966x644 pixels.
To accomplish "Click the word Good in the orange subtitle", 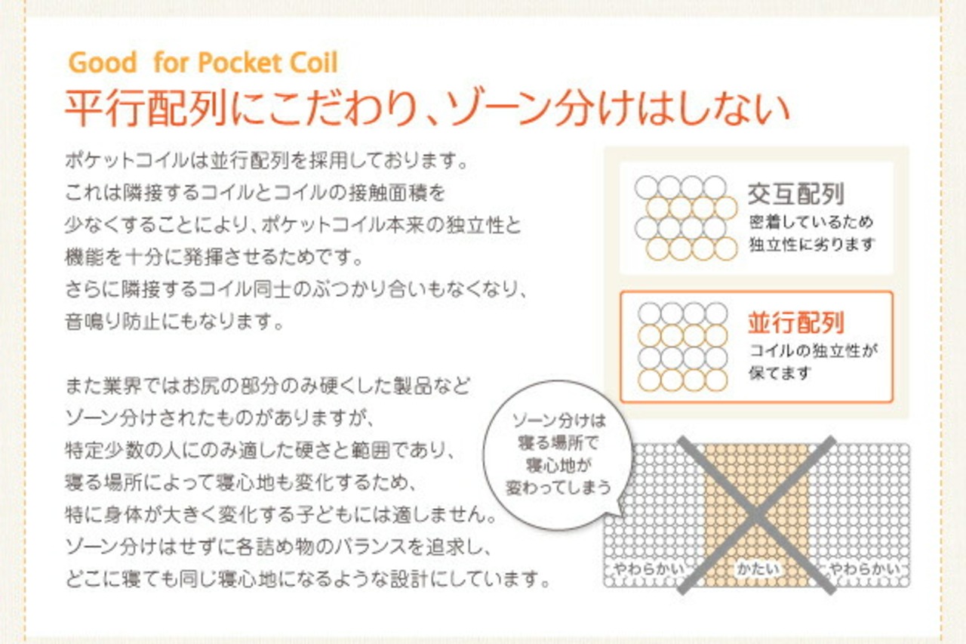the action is [x=103, y=63].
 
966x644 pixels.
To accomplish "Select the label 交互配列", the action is [x=795, y=194].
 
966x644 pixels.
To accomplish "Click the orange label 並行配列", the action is [x=795, y=323].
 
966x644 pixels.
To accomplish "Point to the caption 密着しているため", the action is [x=811, y=222].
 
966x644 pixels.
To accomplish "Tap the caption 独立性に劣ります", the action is [x=811, y=245].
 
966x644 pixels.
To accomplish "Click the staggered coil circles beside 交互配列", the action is [x=685, y=217].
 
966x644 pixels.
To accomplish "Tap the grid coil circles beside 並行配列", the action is [x=682, y=347].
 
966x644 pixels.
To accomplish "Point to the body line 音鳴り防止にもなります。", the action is [x=174, y=323].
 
